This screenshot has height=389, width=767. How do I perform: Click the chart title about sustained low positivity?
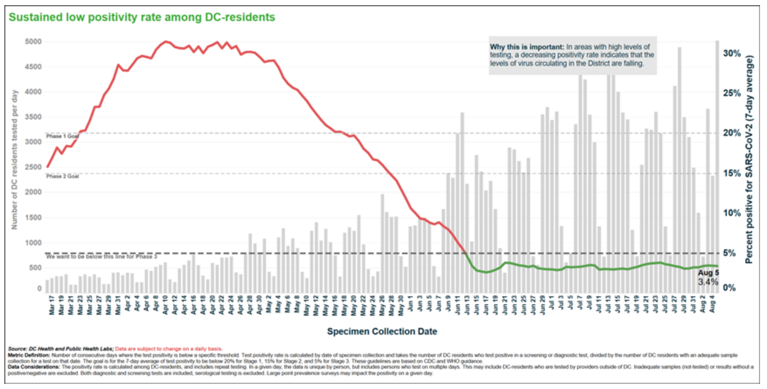142,17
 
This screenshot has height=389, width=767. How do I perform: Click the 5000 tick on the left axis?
33,42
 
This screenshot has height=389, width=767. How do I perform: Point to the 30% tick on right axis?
732,53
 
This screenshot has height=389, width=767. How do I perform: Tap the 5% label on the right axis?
729,253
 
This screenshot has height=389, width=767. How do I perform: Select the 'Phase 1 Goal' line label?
62,136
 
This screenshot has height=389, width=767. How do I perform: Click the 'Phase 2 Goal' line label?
62,176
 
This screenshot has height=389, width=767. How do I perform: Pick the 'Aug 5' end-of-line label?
708,273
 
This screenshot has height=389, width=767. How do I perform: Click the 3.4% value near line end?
708,282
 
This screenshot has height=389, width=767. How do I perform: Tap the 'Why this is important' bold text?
526,47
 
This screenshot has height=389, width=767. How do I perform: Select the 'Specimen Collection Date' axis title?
382,331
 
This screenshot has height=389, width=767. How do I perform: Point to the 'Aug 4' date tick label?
712,304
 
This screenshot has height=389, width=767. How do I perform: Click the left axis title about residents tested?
14,160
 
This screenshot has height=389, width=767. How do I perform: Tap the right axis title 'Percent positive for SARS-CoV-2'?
750,160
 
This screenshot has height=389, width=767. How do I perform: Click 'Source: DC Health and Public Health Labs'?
61,349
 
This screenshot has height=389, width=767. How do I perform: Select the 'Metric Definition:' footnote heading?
29,355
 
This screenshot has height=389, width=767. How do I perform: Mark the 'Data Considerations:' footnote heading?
34,367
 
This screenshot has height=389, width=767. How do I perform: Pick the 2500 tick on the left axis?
33,167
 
